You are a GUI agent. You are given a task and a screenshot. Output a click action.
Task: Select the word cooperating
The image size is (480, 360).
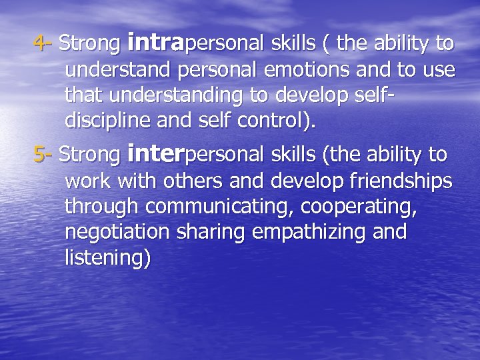361,207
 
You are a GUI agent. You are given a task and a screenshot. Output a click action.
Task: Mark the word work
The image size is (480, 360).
87,181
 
